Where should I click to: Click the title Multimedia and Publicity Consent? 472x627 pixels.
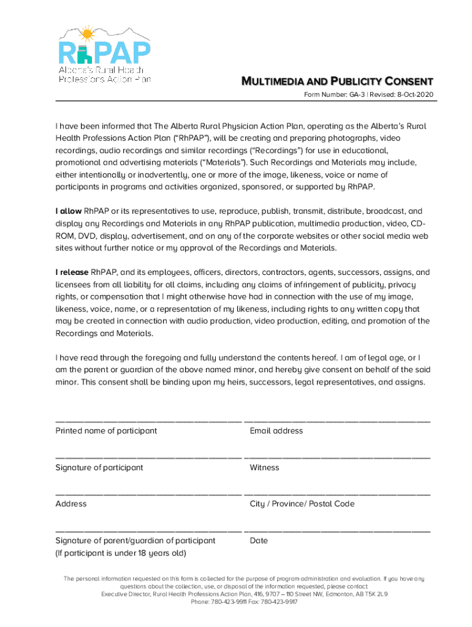pos(337,81)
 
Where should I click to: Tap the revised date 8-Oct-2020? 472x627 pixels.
pos(415,95)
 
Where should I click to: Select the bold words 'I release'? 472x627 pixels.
pos(72,272)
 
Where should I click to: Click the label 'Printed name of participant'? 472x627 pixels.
pos(106,431)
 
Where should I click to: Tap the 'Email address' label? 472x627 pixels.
pos(276,431)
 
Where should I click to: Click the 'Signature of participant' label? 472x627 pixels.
pos(99,468)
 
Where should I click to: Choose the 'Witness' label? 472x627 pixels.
pos(264,468)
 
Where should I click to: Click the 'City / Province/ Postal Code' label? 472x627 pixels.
pos(302,504)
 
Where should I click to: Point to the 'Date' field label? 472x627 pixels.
pos(259,541)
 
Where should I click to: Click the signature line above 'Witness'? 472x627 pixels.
pos(337,457)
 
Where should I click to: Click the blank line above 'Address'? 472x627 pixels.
pos(148,494)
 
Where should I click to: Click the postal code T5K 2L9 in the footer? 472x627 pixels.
pos(375,595)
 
